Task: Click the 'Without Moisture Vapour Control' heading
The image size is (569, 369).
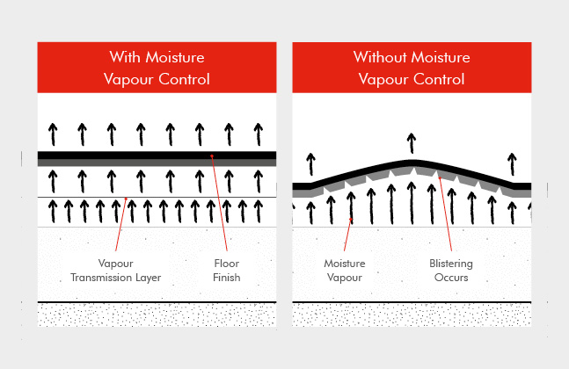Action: pos(411,68)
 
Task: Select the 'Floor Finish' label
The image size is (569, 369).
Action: pos(227,271)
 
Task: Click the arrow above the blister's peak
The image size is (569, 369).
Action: pos(412,142)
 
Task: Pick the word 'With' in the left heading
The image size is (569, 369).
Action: pos(124,57)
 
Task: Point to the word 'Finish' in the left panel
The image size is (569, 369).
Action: pos(227,278)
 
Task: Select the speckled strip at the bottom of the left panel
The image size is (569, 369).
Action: pos(157,315)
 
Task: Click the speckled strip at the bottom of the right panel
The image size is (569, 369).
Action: pos(411,315)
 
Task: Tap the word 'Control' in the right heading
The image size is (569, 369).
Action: pos(437,79)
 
